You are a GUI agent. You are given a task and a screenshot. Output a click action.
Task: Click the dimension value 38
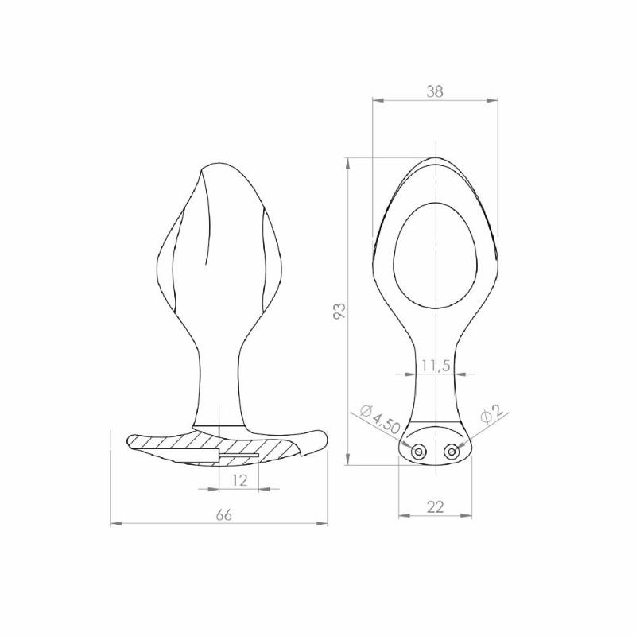(435, 91)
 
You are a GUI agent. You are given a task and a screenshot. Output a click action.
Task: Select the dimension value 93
(340, 310)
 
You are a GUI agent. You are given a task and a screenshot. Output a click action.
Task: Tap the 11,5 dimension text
(436, 366)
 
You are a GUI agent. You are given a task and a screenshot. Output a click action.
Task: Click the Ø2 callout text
(492, 413)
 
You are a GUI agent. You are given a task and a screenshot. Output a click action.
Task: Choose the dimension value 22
(435, 506)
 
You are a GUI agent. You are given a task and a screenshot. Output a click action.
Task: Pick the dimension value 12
(240, 480)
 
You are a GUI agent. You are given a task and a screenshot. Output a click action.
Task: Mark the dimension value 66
(223, 515)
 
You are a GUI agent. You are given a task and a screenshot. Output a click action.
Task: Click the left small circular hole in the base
(418, 451)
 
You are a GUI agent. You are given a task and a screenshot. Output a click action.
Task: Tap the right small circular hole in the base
(452, 451)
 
